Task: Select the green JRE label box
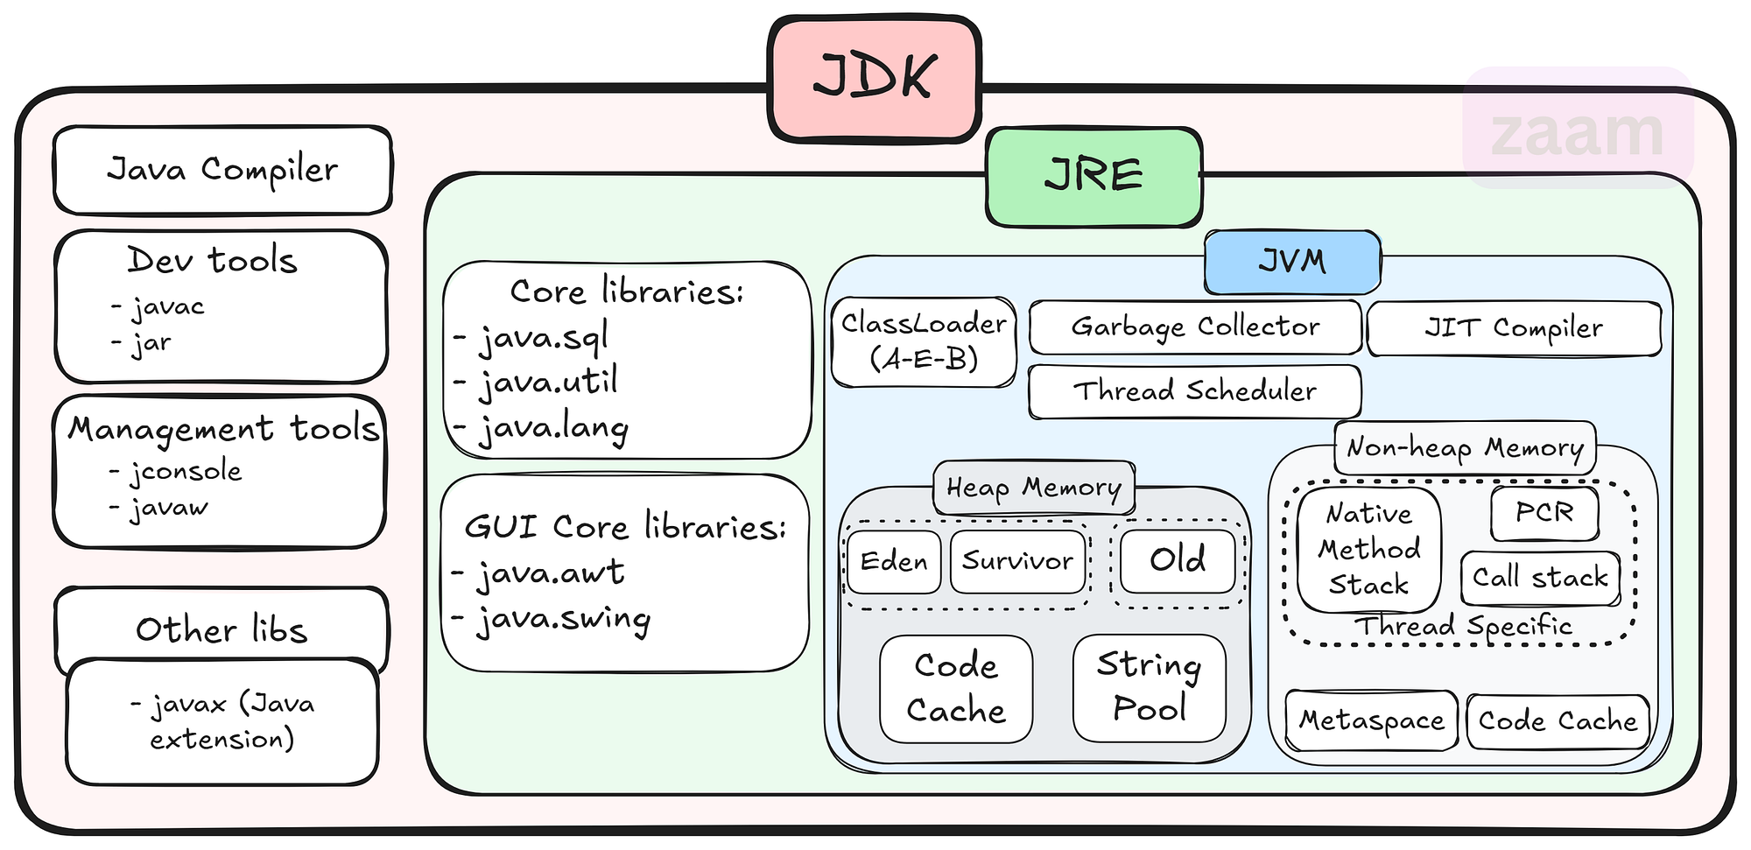click(x=1093, y=177)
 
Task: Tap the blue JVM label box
click(x=1292, y=262)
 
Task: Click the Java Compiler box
click(x=222, y=170)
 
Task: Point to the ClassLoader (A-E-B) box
click(x=924, y=341)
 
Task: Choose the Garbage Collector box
click(x=1195, y=327)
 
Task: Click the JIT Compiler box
click(x=1514, y=328)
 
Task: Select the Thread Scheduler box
click(x=1195, y=391)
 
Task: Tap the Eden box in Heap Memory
click(x=894, y=561)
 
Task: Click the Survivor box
click(x=1017, y=561)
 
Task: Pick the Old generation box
click(x=1178, y=560)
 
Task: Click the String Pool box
click(x=1149, y=687)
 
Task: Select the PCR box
click(x=1544, y=512)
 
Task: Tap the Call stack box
click(x=1540, y=578)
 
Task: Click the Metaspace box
click(x=1371, y=720)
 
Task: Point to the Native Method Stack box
click(x=1368, y=549)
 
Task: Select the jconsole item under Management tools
click(x=185, y=472)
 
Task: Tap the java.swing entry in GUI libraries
click(x=563, y=620)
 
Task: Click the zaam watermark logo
click(x=1577, y=131)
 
